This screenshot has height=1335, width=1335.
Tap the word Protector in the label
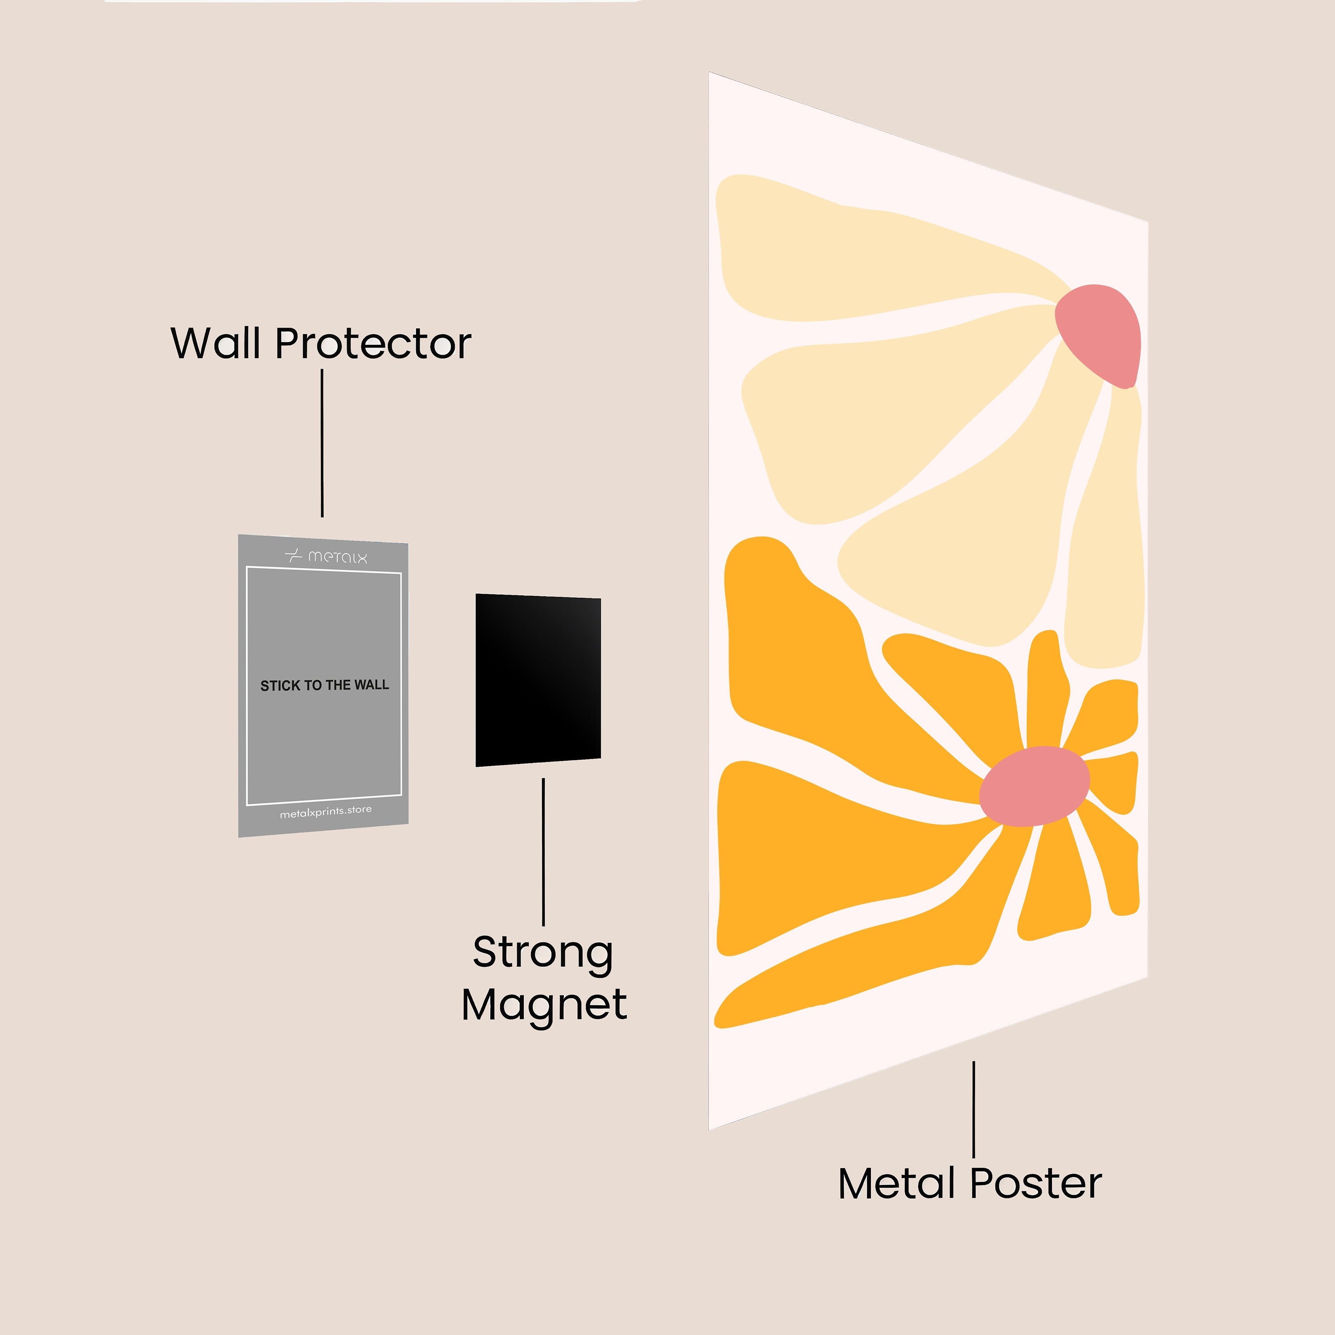point(373,344)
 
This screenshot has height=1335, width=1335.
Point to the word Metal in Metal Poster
point(897,1184)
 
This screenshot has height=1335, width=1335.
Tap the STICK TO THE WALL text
point(324,685)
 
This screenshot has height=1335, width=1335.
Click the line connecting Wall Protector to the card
point(322,443)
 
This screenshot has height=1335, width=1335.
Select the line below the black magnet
point(543,851)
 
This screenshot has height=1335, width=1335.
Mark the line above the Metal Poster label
point(974,1109)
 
